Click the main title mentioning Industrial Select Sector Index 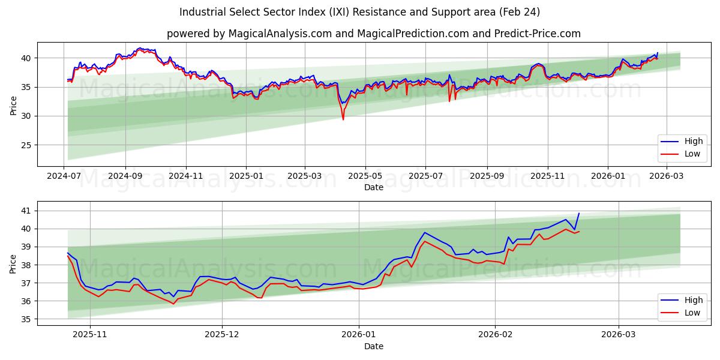359,12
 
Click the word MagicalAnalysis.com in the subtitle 280,34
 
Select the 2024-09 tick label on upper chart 125,176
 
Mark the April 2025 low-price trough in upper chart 343,119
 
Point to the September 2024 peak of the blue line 140,48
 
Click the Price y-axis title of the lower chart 13,263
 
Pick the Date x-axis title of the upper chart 373,187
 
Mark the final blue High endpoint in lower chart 579,214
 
